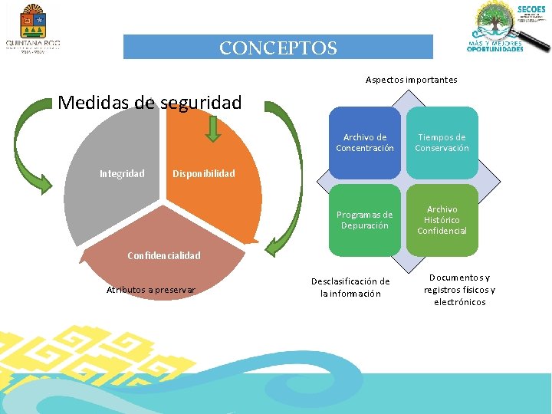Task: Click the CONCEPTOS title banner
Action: point(278,48)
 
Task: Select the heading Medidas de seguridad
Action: point(149,102)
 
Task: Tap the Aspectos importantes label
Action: point(411,80)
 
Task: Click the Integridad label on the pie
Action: point(122,173)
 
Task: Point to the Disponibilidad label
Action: point(203,173)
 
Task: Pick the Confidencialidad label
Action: point(164,255)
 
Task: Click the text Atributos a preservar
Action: point(151,289)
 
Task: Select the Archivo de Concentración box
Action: point(365,143)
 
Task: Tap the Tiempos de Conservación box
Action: point(442,143)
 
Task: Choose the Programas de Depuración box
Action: point(365,220)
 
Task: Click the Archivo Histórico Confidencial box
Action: point(442,220)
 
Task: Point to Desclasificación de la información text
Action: point(350,287)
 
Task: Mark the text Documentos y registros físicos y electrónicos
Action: point(459,290)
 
